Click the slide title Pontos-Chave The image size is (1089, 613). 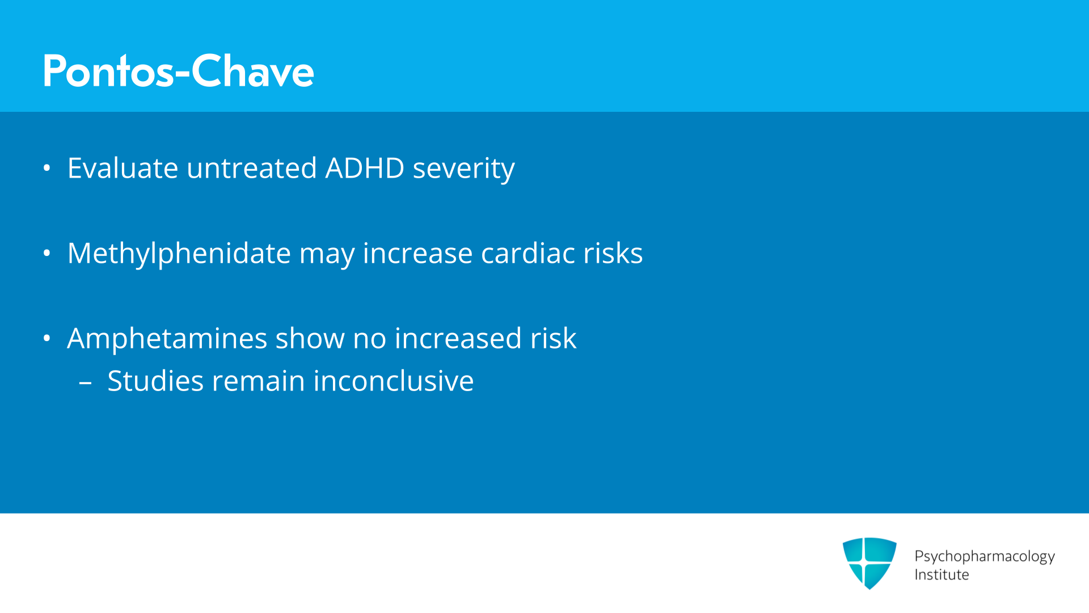pyautogui.click(x=178, y=71)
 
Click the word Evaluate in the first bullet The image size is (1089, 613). pyautogui.click(x=123, y=168)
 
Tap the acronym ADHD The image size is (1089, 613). pyautogui.click(x=365, y=168)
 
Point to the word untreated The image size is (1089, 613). pyautogui.click(x=251, y=168)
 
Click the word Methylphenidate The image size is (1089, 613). pyautogui.click(x=179, y=254)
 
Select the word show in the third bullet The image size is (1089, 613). pyautogui.click(x=310, y=338)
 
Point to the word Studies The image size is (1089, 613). pyautogui.click(x=155, y=381)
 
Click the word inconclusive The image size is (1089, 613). pyautogui.click(x=393, y=381)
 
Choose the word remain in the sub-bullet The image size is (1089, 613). pyautogui.click(x=258, y=381)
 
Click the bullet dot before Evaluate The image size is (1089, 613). pyautogui.click(x=47, y=168)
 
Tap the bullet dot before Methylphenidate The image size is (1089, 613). pyautogui.click(x=47, y=253)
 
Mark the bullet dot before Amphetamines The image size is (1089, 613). pyautogui.click(x=47, y=338)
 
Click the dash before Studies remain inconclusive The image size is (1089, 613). pyautogui.click(x=86, y=383)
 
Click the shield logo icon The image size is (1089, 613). pyautogui.click(x=869, y=563)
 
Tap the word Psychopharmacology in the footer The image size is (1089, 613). pyautogui.click(x=985, y=556)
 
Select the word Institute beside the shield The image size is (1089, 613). pyautogui.click(x=942, y=575)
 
